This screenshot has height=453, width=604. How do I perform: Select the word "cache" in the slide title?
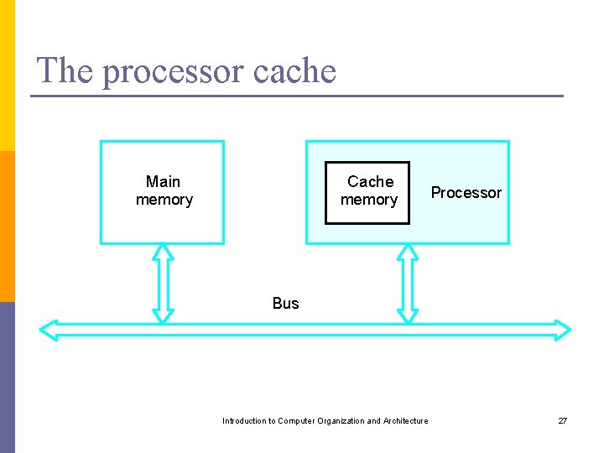[293, 70]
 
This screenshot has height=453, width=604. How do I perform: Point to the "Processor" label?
[466, 193]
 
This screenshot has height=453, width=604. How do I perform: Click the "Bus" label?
[285, 303]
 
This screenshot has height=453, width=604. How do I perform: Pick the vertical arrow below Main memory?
[164, 283]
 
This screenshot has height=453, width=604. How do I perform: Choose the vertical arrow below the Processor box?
[407, 283]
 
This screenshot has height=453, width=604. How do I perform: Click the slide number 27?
[563, 421]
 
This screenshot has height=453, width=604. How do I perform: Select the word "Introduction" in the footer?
[243, 421]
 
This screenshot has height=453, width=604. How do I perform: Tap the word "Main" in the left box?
[163, 181]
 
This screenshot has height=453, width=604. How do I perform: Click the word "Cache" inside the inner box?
[370, 181]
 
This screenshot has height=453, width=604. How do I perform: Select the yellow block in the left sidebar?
[7, 75]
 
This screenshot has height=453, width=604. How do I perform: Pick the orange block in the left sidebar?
[7, 226]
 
